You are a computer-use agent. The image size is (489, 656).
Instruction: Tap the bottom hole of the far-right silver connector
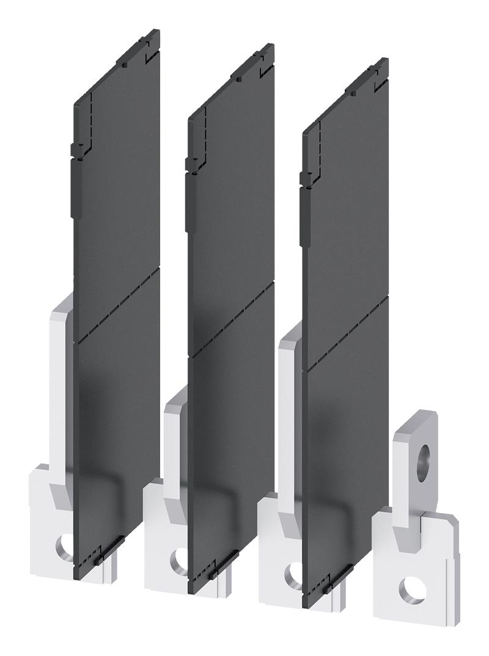[x=411, y=591]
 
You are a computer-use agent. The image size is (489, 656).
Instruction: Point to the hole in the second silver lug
[x=180, y=558]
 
